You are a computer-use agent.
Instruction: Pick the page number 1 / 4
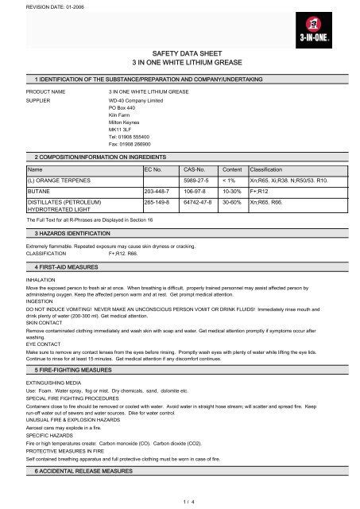[x=180, y=499]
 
